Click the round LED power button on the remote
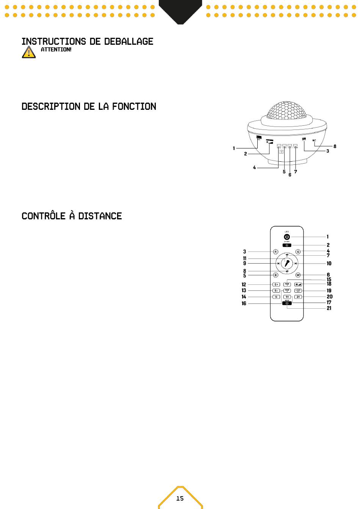[287, 237]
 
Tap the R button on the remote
[275, 252]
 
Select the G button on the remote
[298, 252]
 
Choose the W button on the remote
[298, 275]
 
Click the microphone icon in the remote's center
[287, 263]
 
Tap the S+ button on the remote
[276, 284]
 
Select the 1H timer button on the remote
[287, 297]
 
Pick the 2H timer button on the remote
[298, 297]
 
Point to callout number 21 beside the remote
[329, 308]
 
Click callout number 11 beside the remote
[245, 259]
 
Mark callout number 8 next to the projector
[335, 146]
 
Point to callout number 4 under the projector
[254, 167]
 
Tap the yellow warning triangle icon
[29, 52]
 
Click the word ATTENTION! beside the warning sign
[56, 50]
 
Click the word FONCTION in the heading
[134, 106]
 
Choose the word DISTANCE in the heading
[100, 216]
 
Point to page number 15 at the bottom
[180, 498]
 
